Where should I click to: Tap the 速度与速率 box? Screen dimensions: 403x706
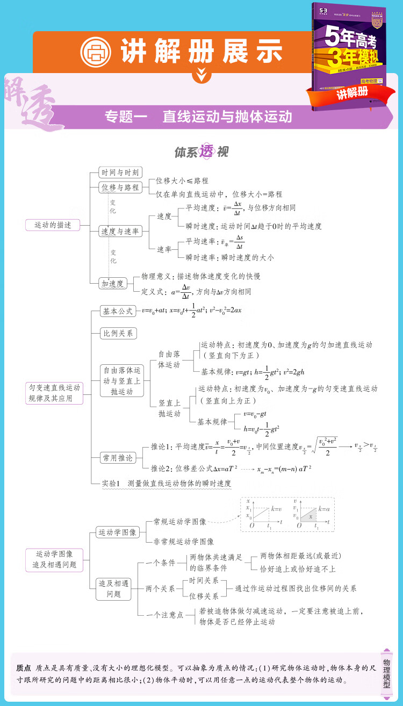pos(121,232)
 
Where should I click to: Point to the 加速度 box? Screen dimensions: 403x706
pos(113,284)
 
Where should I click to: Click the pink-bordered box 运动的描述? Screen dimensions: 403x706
pos(53,225)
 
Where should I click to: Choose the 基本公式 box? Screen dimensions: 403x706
pos(118,311)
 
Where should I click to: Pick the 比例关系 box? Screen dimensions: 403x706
pos(118,333)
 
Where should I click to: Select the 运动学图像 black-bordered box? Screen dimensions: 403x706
pos(118,532)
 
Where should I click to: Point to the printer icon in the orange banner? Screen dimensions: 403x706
pos(95,52)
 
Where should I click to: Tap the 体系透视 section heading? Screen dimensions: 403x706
pos(201,152)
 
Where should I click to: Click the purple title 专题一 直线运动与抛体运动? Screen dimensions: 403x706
pos(198,117)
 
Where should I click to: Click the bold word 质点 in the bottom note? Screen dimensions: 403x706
pos(24,668)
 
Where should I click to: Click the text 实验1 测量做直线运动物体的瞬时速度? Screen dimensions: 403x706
pos(167,483)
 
